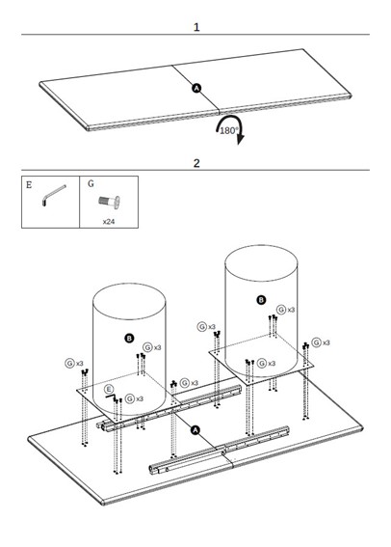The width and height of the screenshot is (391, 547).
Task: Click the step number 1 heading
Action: pos(196,27)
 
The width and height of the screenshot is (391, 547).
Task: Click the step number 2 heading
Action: pos(196,163)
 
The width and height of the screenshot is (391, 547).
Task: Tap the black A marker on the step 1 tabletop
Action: pos(196,88)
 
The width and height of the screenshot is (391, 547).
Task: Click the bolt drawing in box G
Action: pos(109,202)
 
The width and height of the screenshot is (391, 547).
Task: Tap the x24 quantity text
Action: pos(109,221)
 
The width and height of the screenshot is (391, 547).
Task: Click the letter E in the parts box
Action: pos(29,184)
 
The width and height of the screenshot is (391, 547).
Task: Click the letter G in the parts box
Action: pos(91,183)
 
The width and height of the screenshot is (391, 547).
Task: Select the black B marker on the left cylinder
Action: pos(129,338)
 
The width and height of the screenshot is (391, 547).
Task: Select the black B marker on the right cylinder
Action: pos(261,300)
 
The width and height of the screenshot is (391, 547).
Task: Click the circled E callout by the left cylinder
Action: pos(109,389)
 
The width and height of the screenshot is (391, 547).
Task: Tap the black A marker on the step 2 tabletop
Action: pos(195,430)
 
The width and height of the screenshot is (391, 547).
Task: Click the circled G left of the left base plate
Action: pos(69,363)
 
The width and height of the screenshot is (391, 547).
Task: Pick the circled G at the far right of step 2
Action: pos(316,342)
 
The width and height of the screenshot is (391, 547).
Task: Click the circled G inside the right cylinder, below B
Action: pos(262,363)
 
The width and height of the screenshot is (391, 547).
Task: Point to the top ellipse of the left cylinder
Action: pos(129,284)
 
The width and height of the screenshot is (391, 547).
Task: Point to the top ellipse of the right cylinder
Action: pos(261,245)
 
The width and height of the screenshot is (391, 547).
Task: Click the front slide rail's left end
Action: pos(151,469)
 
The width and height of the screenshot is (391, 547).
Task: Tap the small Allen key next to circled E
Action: pos(111,397)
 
